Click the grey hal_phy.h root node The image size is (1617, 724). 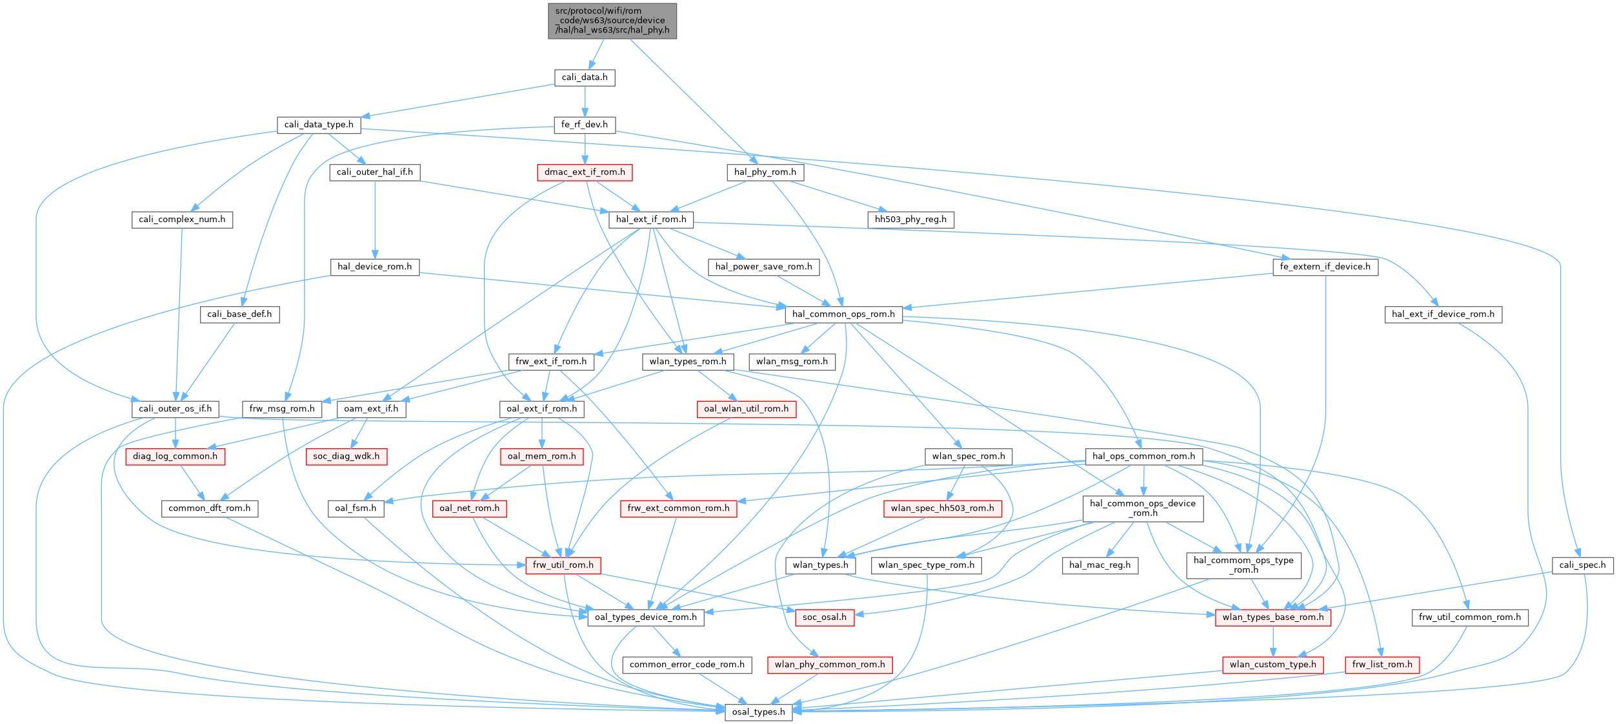pos(612,21)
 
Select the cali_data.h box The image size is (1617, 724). pos(584,78)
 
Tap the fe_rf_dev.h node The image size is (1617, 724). pos(585,125)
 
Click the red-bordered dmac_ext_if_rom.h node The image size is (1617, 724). pos(585,172)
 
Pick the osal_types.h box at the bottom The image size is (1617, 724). pos(758,712)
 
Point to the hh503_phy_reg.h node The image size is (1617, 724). pos(910,220)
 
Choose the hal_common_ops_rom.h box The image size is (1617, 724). pos(843,315)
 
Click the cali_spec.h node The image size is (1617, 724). pos(1582,565)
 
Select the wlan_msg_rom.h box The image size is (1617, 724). pos(792,362)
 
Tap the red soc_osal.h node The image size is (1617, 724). pos(825,617)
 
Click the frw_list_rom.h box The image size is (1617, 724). pos(1382,665)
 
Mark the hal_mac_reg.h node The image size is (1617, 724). pos(1100,565)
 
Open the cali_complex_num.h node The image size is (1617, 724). pos(182,220)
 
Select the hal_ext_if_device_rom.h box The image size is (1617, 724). pos(1443,315)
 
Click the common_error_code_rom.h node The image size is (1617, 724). pos(687,665)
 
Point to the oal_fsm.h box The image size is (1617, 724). pos(356,508)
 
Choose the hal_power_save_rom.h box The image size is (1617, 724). pos(763,267)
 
